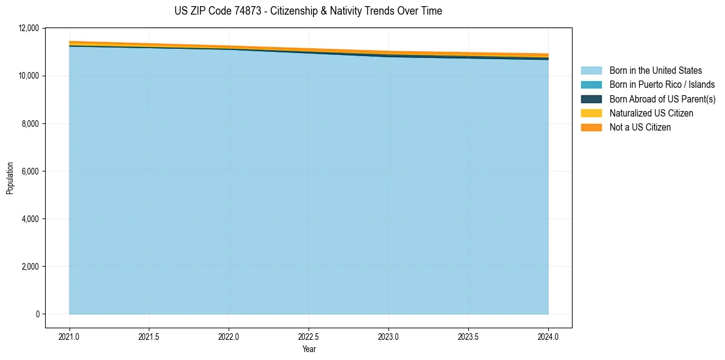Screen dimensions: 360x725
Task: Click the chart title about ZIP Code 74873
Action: (x=308, y=11)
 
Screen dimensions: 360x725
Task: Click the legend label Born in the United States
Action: (x=655, y=71)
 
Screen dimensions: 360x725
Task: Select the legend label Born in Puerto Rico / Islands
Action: (x=662, y=85)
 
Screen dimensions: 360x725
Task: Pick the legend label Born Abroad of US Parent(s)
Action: (x=662, y=99)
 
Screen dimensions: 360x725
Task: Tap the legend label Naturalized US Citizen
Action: (x=651, y=113)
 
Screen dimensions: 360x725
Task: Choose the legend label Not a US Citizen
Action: (x=640, y=128)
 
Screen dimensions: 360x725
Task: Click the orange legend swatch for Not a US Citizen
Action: (x=591, y=128)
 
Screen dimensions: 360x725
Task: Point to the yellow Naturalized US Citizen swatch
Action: (x=591, y=113)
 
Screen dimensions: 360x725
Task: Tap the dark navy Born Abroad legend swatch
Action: (x=591, y=99)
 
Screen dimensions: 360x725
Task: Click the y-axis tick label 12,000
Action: (x=29, y=28)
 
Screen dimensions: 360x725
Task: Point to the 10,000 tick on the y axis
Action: (x=29, y=76)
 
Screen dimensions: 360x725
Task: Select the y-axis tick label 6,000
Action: (x=31, y=171)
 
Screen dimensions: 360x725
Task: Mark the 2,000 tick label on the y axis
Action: (x=31, y=267)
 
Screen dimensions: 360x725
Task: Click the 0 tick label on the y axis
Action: (x=37, y=314)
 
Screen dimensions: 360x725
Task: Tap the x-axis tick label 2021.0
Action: (x=70, y=336)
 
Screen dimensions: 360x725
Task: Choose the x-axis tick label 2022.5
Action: (x=309, y=336)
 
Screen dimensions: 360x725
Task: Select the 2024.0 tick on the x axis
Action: (x=548, y=336)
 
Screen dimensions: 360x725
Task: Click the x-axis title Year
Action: (x=309, y=349)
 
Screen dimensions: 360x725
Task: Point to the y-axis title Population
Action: (x=10, y=178)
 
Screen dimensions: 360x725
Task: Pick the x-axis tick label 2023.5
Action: (x=468, y=336)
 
